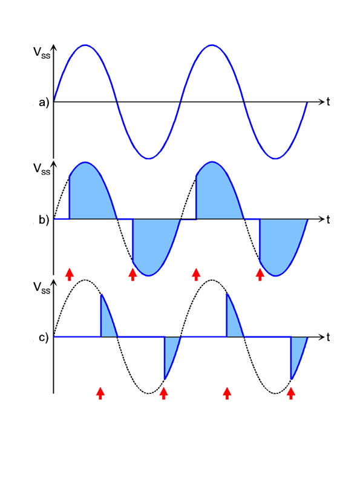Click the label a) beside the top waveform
pos(44,102)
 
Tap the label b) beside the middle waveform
pos(44,220)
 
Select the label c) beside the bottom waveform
pos(44,338)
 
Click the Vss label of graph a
pos(42,53)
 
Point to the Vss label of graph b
pos(42,169)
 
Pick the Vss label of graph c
pos(42,288)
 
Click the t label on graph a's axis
pos(328,102)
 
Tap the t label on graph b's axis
pos(328,219)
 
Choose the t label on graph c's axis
pos(328,337)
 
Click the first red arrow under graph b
pos(70,275)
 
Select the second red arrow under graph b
pos(132,275)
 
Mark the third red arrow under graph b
pos(195,275)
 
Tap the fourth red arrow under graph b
pos(260,275)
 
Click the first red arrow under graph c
pos(100,394)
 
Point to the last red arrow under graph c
pos(291,394)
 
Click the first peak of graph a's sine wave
pos(85,45)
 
